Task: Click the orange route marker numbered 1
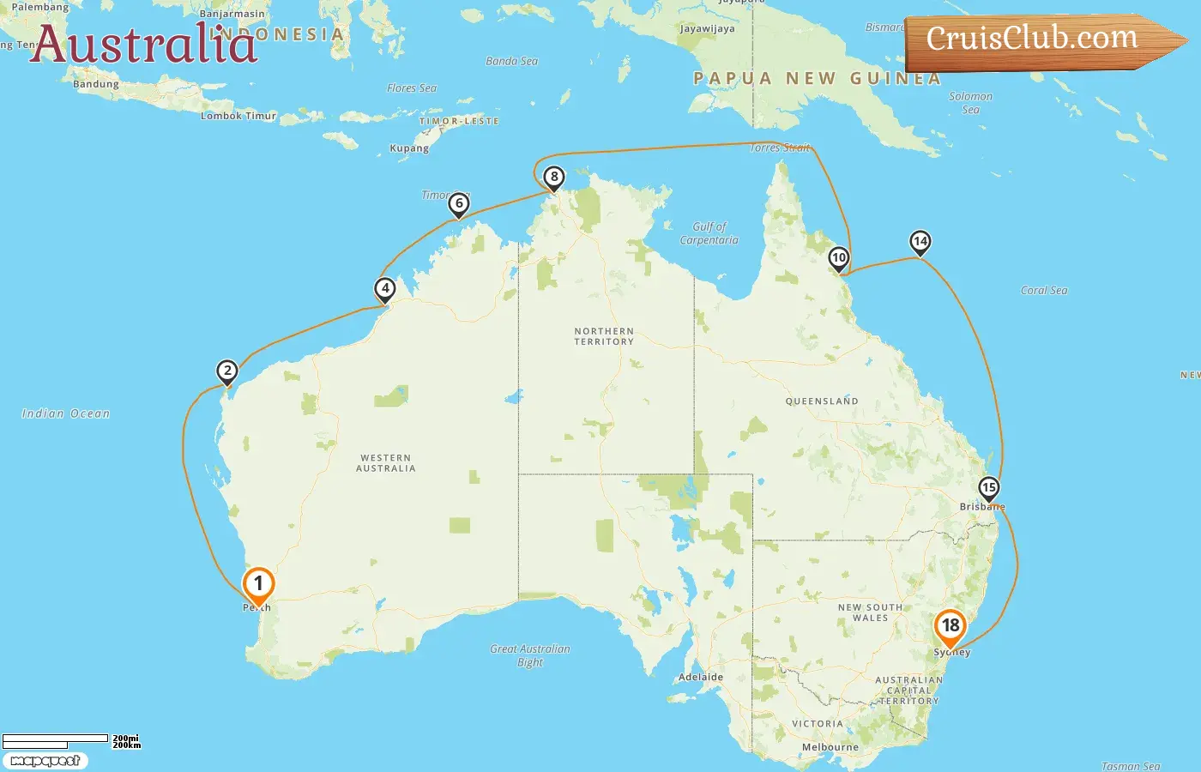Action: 258,585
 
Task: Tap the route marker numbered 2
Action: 226,371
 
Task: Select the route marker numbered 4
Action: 385,289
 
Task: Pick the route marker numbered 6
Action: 459,204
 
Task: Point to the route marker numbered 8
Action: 554,178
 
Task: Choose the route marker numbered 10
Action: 839,258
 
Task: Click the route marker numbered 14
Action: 920,242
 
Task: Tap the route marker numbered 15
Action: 989,489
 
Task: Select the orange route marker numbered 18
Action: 951,626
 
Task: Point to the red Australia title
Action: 143,44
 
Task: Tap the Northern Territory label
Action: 604,336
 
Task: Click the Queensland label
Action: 821,401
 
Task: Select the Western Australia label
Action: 386,463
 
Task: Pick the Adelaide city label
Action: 701,677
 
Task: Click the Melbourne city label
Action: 830,747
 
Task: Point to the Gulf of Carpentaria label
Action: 709,233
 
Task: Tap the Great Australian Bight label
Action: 530,655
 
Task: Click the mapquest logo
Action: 45,761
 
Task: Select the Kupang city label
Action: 409,148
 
